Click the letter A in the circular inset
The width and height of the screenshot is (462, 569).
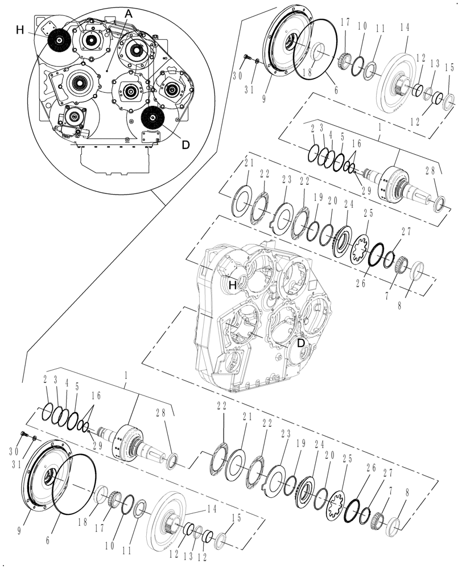click(x=129, y=17)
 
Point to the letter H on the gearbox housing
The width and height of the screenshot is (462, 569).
click(x=232, y=286)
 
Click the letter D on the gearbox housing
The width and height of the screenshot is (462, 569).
click(x=302, y=343)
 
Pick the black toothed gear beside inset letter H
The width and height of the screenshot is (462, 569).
click(x=58, y=40)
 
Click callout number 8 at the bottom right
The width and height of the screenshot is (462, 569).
click(x=406, y=493)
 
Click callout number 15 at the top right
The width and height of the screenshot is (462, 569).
click(x=449, y=68)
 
